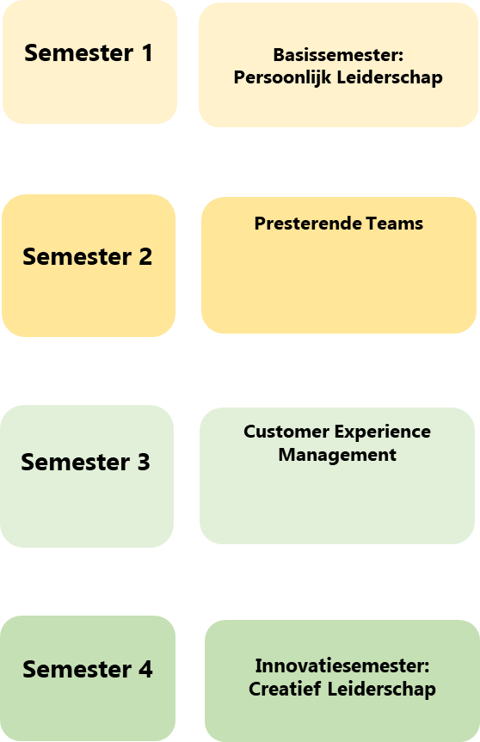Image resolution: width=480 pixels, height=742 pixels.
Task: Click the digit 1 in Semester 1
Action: [x=148, y=53]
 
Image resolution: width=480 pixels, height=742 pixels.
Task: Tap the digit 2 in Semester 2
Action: [x=145, y=257]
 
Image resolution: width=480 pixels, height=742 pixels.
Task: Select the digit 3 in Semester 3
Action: [x=144, y=463]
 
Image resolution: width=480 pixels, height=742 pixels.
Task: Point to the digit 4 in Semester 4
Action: [x=145, y=670]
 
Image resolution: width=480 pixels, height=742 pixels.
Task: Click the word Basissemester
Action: [x=336, y=55]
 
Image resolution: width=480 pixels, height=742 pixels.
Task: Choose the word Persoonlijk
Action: [x=282, y=77]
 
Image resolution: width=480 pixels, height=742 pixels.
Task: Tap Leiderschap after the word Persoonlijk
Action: [x=390, y=77]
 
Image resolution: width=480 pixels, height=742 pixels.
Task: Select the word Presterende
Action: [x=308, y=224]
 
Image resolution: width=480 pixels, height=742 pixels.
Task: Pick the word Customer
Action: [x=286, y=432]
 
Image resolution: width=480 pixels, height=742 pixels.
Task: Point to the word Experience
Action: [x=383, y=432]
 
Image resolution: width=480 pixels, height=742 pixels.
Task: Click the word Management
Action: [x=337, y=455]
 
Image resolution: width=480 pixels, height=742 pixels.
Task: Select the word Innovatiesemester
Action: [x=340, y=665]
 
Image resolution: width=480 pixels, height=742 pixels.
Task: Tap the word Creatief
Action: [x=285, y=689]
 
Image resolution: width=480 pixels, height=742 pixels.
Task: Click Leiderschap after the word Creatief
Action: [x=382, y=690]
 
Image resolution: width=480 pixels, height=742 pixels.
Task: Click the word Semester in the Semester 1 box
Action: [x=79, y=53]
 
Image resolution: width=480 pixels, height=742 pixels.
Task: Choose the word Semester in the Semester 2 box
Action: [x=77, y=257]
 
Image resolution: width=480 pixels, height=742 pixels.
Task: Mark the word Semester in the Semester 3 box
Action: [x=76, y=463]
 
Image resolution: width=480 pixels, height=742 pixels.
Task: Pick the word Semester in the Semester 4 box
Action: [x=77, y=670]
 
